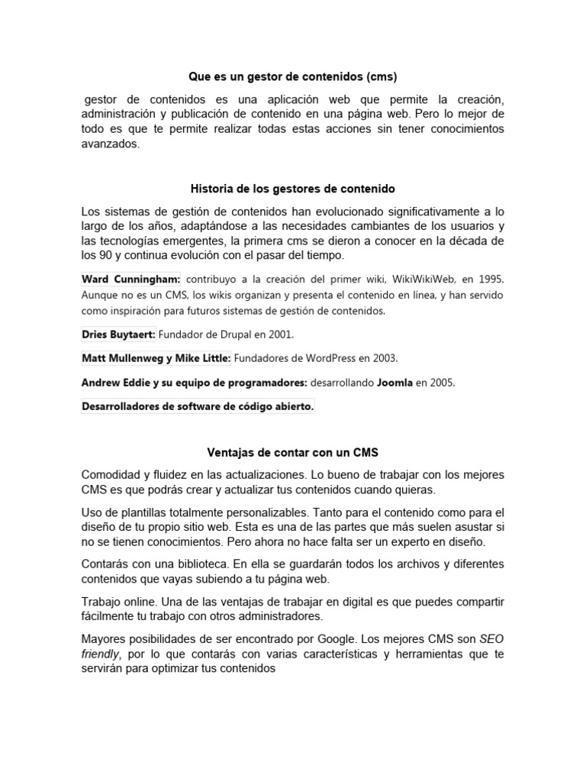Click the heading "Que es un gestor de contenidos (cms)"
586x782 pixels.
tap(294, 77)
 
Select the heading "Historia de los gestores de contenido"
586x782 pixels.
tap(292, 188)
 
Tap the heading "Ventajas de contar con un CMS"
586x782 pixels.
tap(293, 452)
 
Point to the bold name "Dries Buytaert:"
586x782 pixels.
tap(118, 334)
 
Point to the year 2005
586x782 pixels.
tap(441, 383)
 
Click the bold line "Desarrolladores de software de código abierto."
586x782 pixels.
tap(198, 407)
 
